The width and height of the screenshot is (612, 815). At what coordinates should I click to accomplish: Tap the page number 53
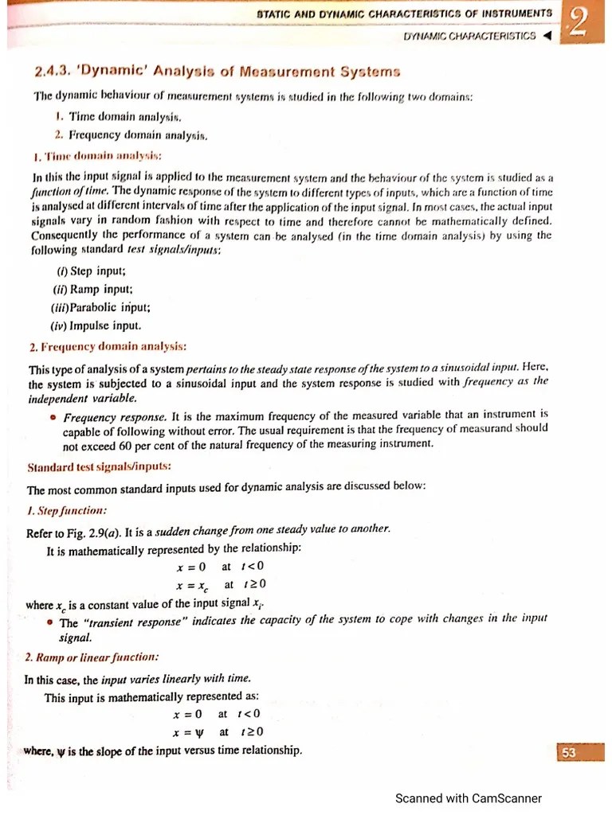568,753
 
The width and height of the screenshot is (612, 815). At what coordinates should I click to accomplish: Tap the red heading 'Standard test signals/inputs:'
99,467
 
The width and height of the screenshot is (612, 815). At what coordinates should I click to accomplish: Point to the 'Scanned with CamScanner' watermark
469,798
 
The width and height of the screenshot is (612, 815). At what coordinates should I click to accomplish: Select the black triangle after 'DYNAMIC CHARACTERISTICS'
546,37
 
